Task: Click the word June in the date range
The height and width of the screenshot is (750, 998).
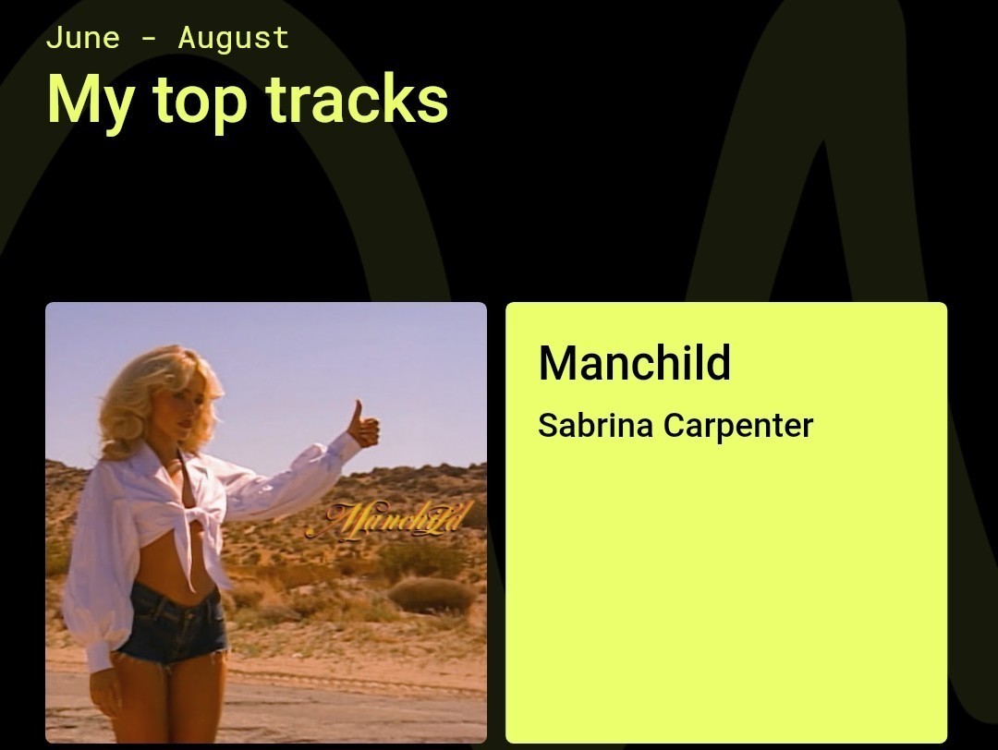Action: [82, 38]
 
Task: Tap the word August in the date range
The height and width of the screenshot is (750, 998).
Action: [233, 38]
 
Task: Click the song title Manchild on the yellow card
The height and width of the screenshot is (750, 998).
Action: [634, 362]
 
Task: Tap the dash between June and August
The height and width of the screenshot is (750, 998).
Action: [149, 39]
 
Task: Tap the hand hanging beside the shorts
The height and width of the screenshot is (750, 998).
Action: [106, 693]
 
